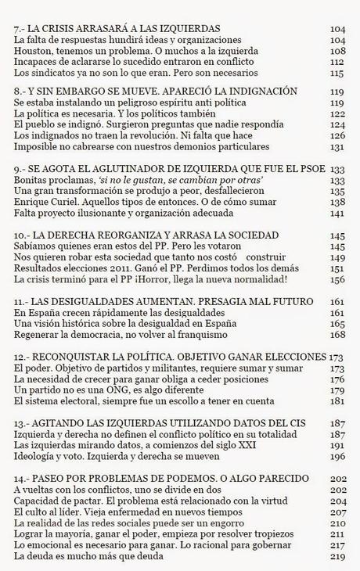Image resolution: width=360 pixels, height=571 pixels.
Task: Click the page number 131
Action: tap(338, 147)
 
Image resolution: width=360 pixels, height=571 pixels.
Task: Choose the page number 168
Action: tap(338, 336)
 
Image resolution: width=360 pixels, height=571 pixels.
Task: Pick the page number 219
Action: tap(338, 557)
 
